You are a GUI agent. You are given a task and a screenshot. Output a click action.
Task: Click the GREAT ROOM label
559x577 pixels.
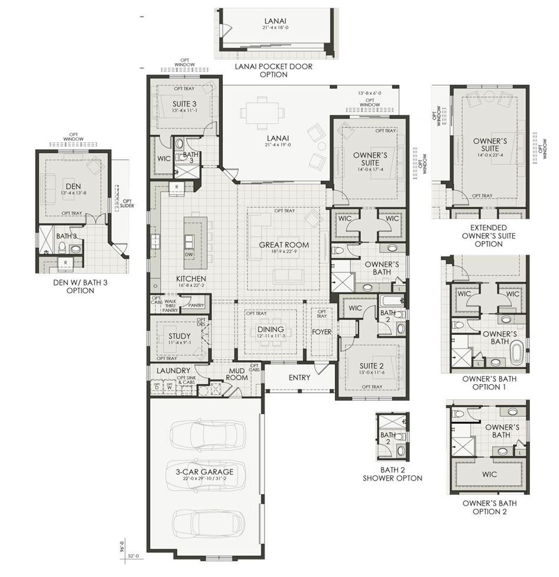284,245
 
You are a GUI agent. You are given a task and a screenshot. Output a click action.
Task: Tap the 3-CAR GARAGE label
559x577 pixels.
204,472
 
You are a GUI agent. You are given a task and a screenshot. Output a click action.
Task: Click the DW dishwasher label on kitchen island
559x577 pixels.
189,254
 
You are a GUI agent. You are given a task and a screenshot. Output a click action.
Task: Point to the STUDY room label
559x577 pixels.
179,336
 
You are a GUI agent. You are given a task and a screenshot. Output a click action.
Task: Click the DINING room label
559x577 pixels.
271,330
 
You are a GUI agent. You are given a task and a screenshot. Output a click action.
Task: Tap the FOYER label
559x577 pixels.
321,332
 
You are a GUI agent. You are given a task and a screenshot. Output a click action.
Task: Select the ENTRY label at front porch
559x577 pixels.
299,378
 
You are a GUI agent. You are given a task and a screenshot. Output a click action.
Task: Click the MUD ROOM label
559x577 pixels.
237,374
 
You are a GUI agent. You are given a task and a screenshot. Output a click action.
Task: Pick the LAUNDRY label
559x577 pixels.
173,371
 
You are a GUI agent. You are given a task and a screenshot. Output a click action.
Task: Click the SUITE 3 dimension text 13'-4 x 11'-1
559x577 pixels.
184,111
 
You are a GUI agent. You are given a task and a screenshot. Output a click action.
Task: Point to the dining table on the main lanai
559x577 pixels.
263,113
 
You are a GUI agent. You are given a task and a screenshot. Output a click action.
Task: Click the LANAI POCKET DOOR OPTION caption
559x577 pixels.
274,70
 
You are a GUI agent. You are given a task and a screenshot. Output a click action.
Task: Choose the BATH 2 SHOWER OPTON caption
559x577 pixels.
392,474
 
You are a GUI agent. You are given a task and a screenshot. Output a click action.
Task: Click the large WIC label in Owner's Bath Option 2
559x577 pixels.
490,474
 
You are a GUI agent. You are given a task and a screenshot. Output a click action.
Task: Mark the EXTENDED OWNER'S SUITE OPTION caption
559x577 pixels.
488,236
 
